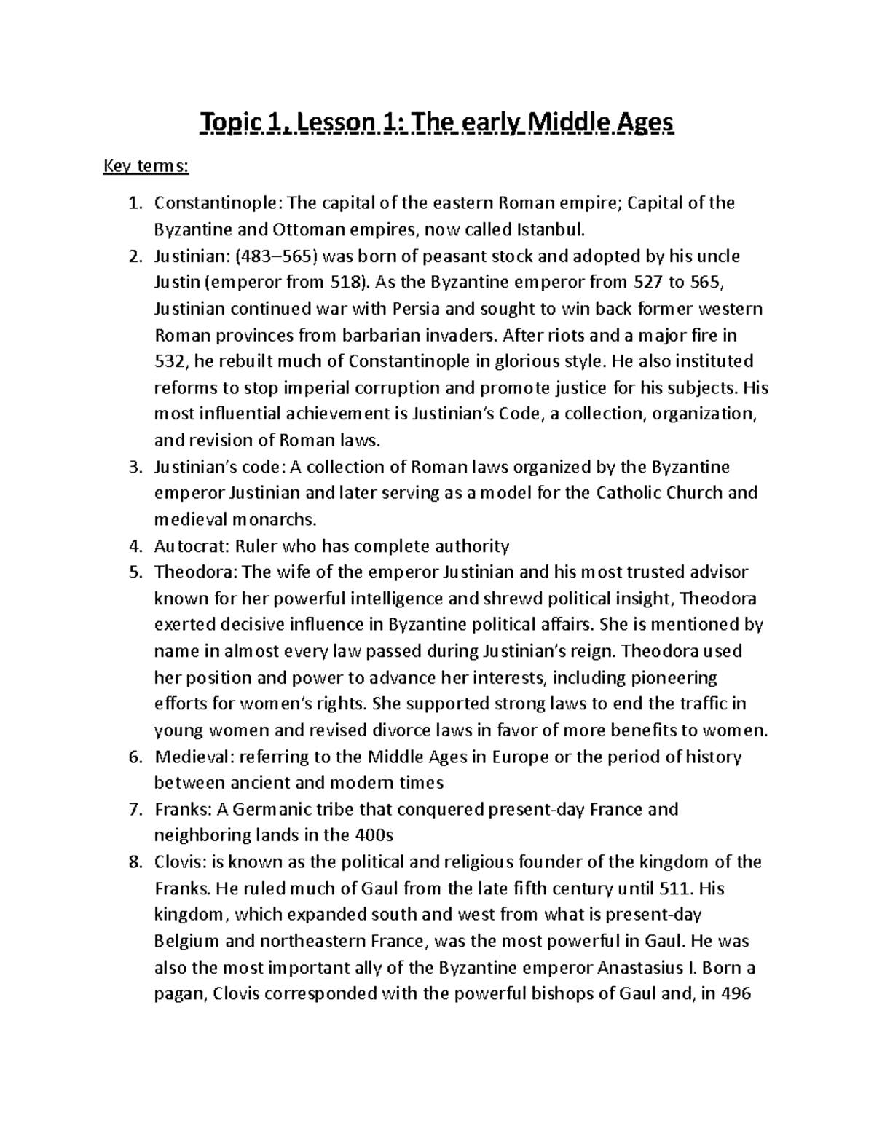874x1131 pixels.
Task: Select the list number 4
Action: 133,545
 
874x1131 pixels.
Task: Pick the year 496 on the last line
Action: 734,994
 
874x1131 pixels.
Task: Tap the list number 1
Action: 133,203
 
